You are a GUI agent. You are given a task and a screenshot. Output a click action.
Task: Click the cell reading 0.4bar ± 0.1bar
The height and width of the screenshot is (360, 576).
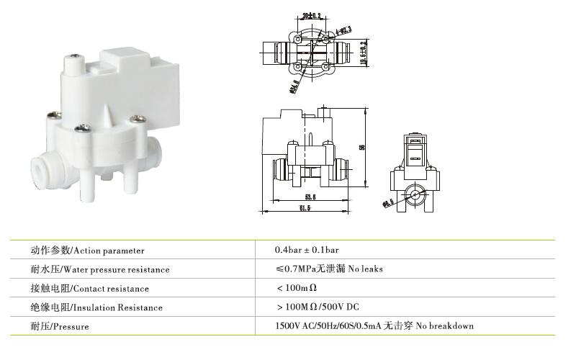coord(307,250)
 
